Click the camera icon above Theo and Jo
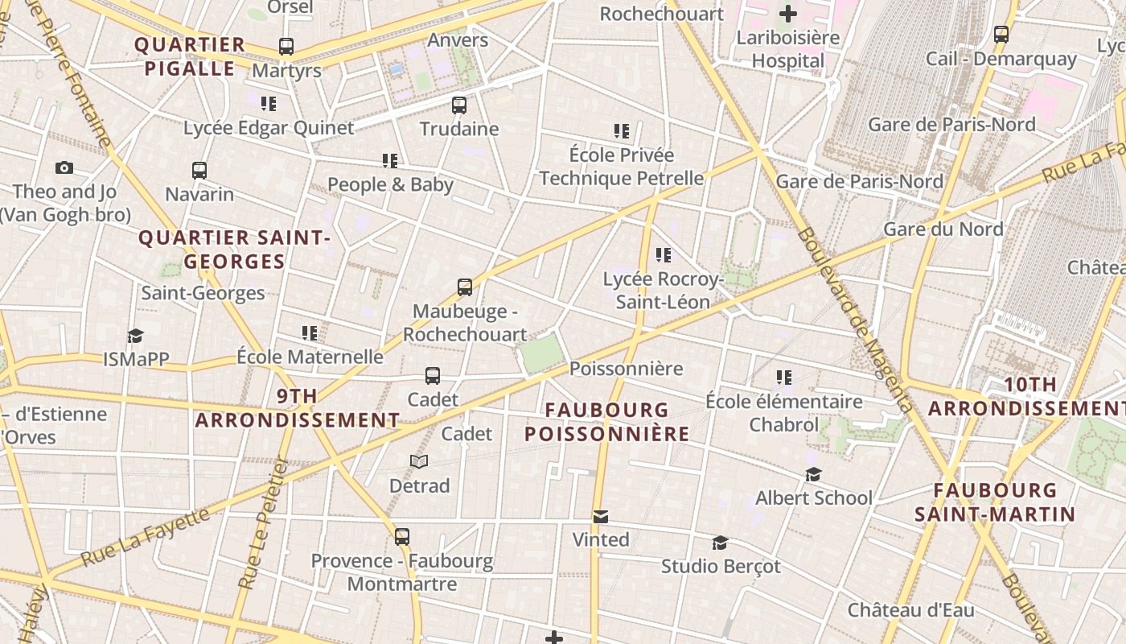pyautogui.click(x=64, y=167)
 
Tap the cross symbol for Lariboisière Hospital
pyautogui.click(x=788, y=13)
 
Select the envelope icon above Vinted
pyautogui.click(x=600, y=516)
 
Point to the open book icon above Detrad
pyautogui.click(x=419, y=461)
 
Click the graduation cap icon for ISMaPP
pyautogui.click(x=135, y=335)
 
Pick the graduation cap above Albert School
pyautogui.click(x=813, y=474)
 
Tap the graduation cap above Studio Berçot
pyautogui.click(x=720, y=543)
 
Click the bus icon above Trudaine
pyautogui.click(x=458, y=105)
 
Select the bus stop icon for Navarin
pyautogui.click(x=199, y=170)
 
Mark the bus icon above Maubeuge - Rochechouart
pyautogui.click(x=464, y=287)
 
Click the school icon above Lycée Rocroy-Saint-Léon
pyautogui.click(x=664, y=255)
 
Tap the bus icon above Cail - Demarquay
pyautogui.click(x=1001, y=35)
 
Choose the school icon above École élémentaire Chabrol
pyautogui.click(x=784, y=377)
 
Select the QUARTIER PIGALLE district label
pyautogui.click(x=190, y=56)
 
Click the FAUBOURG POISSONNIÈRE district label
pyautogui.click(x=606, y=422)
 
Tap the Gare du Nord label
pyautogui.click(x=943, y=229)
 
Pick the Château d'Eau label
pyautogui.click(x=910, y=609)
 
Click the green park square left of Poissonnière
pyautogui.click(x=540, y=353)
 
